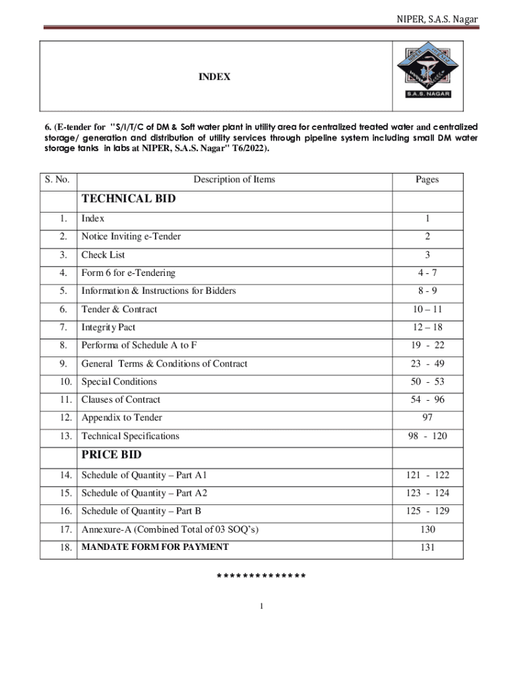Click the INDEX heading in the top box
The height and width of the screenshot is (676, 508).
tap(215, 77)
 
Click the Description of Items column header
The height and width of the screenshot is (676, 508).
tap(234, 180)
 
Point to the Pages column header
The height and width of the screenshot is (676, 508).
tap(427, 180)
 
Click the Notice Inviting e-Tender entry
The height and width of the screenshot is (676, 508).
tap(131, 236)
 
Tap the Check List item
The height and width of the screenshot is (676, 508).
tap(103, 255)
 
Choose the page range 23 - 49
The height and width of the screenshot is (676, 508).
tap(427, 364)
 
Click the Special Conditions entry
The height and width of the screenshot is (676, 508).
tap(119, 382)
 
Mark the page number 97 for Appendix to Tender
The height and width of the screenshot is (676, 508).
tap(427, 417)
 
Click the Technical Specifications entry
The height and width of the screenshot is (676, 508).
tap(130, 436)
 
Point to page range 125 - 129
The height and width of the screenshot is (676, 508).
tap(427, 511)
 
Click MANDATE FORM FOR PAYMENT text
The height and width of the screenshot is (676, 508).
tap(155, 547)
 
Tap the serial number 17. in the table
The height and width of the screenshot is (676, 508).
tap(65, 529)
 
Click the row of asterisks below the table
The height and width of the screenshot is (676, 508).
tap(261, 577)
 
